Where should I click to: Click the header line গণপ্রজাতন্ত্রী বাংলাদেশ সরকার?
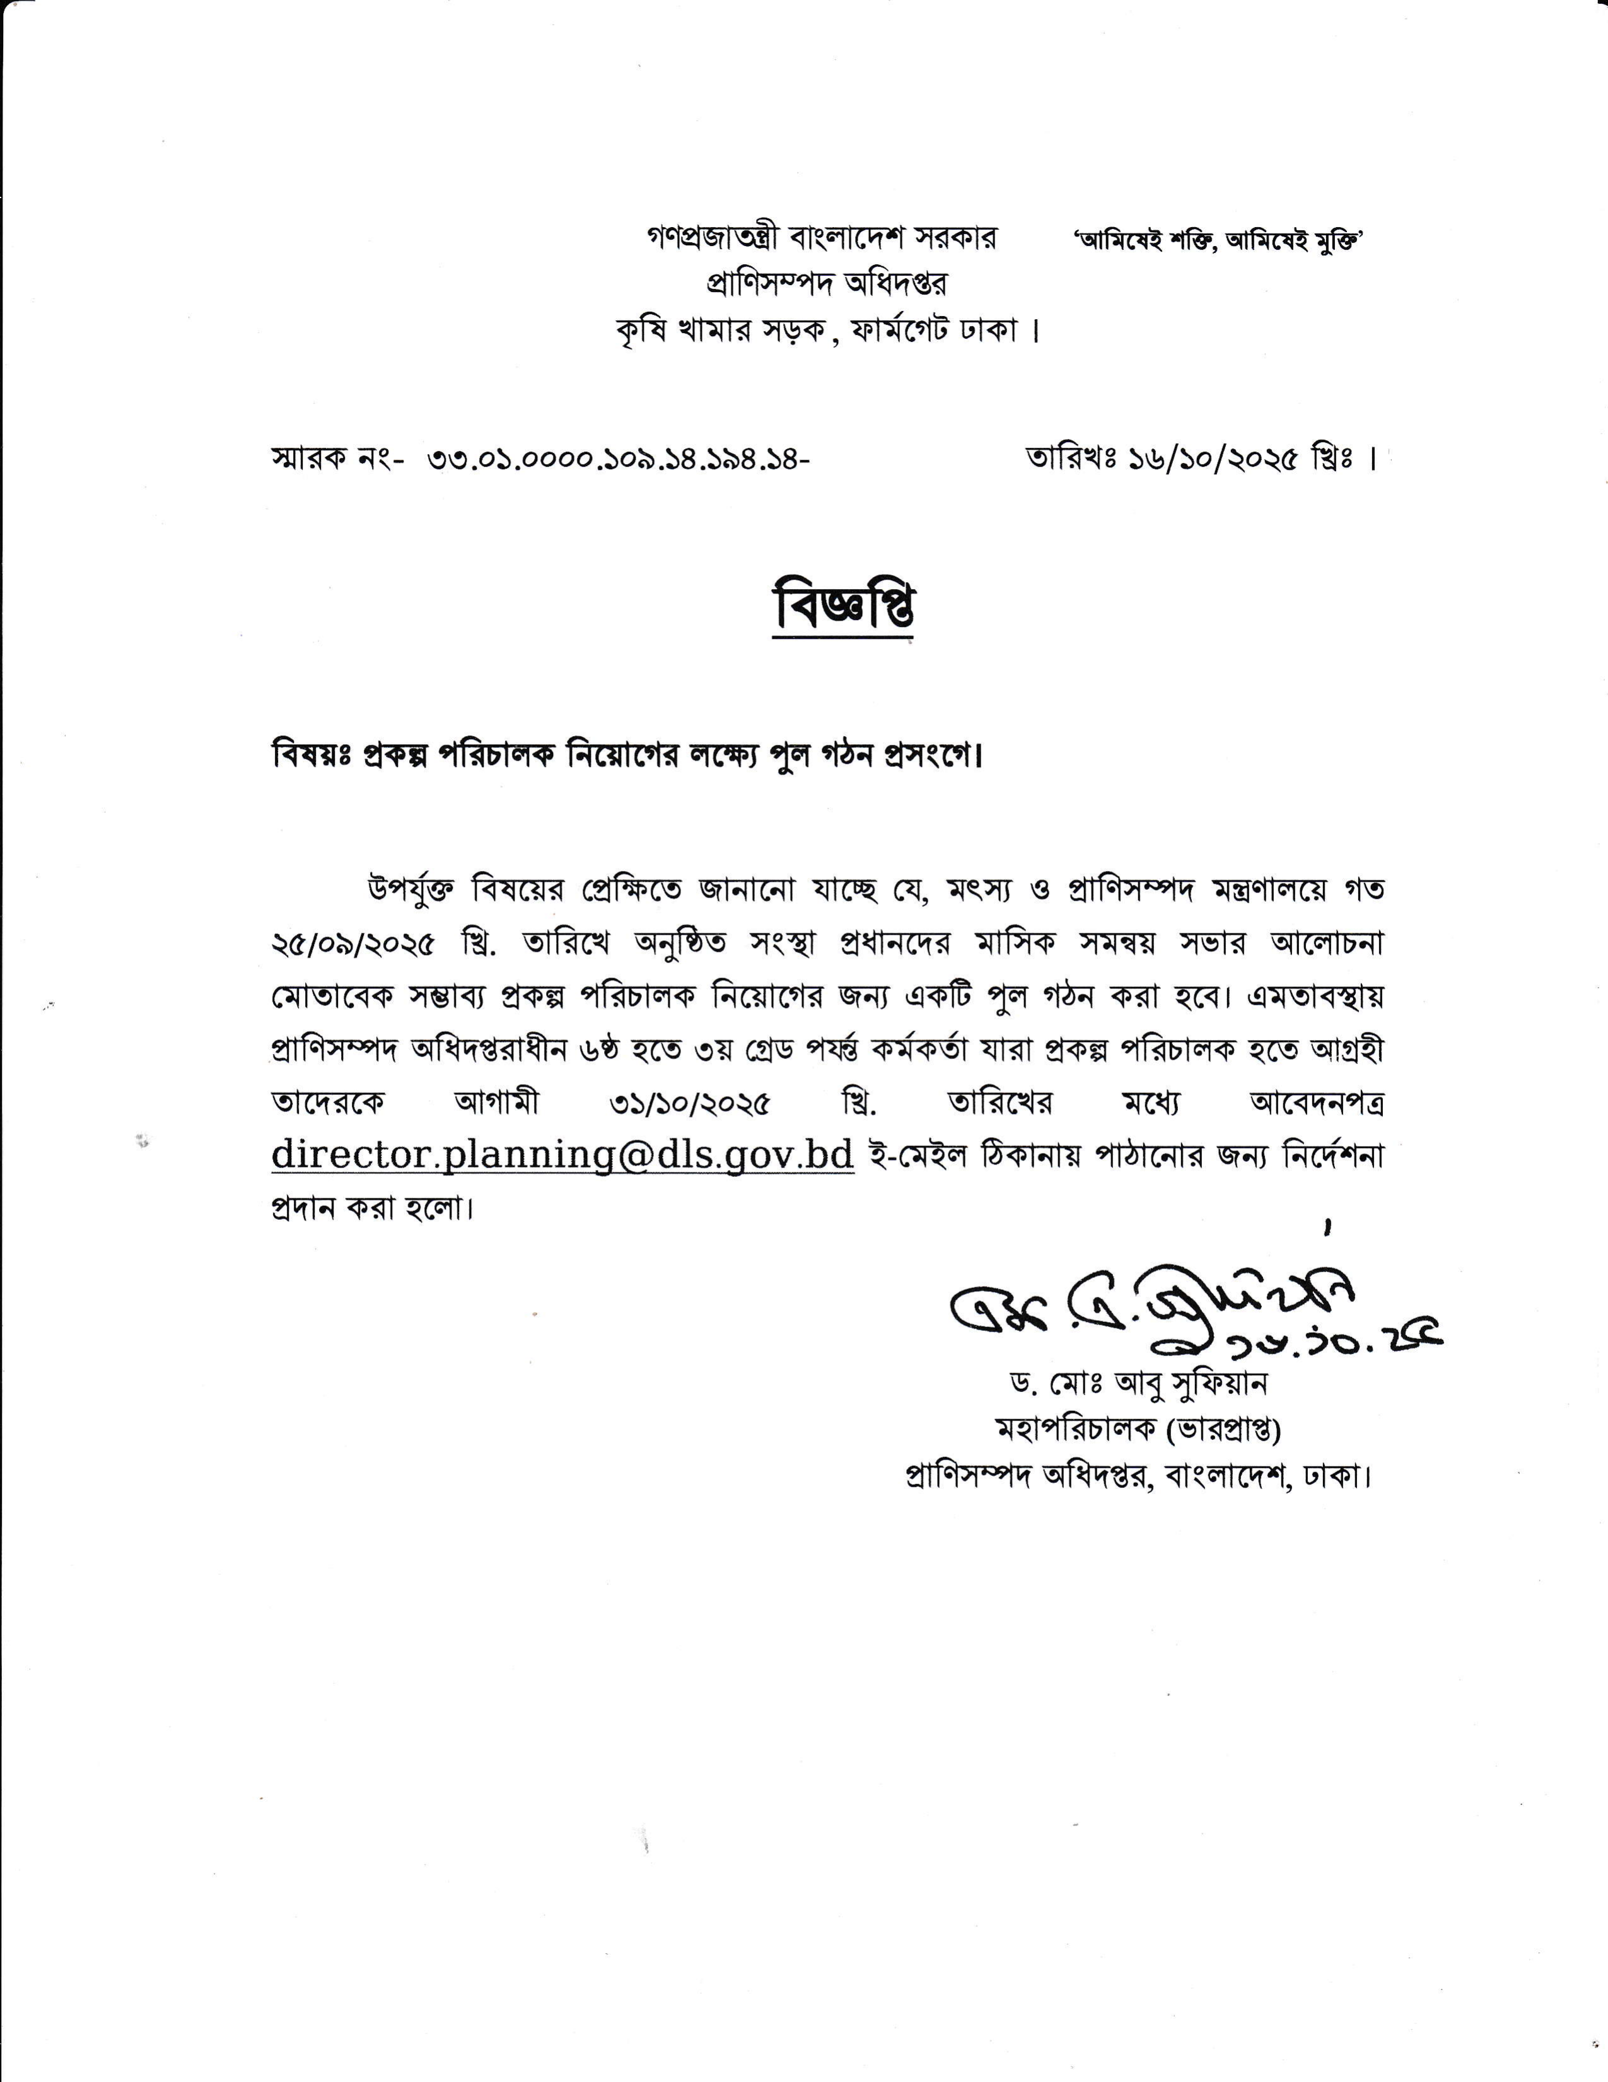820,238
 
